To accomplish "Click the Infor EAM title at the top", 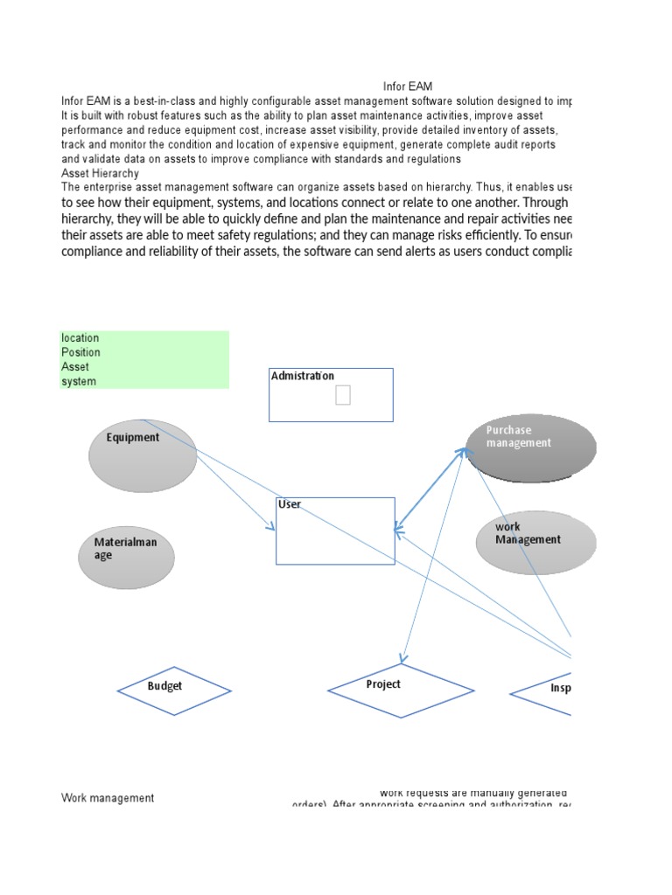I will click(x=408, y=87).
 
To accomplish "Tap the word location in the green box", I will click(x=80, y=338).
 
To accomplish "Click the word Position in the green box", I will click(x=80, y=352).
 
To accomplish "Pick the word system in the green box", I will click(x=79, y=382).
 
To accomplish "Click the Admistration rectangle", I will click(x=331, y=395).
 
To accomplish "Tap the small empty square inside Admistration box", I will click(x=343, y=396).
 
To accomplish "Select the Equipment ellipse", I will click(x=143, y=455).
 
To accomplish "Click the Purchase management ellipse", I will click(x=532, y=447).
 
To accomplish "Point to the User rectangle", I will click(x=335, y=531).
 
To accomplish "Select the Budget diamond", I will click(x=174, y=690).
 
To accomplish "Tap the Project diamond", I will click(x=401, y=690).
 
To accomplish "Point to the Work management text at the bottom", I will click(x=108, y=798).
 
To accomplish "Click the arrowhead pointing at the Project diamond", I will click(x=402, y=660).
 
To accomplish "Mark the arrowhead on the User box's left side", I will click(x=272, y=527).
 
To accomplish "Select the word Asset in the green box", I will click(x=75, y=367).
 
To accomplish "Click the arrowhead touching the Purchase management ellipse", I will click(x=462, y=451).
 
